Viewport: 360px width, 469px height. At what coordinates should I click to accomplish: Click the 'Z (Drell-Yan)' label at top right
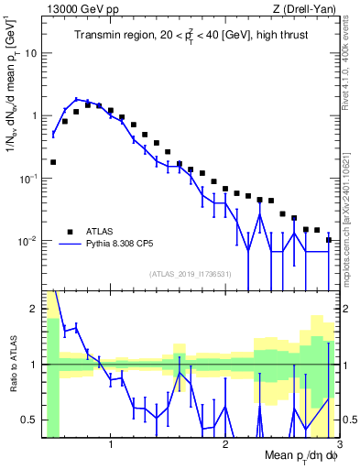pos(309,9)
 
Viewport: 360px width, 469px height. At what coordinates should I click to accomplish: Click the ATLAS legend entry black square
pos(69,231)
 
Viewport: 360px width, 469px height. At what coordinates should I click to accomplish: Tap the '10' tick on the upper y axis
pos(32,53)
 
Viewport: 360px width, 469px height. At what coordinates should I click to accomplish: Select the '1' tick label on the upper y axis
pos(35,116)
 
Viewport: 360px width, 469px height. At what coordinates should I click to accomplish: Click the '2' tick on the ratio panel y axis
pos(35,308)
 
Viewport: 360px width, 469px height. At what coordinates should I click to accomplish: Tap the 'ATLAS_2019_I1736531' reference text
pos(190,273)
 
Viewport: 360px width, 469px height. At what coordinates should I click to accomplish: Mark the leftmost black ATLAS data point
pos(53,162)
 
